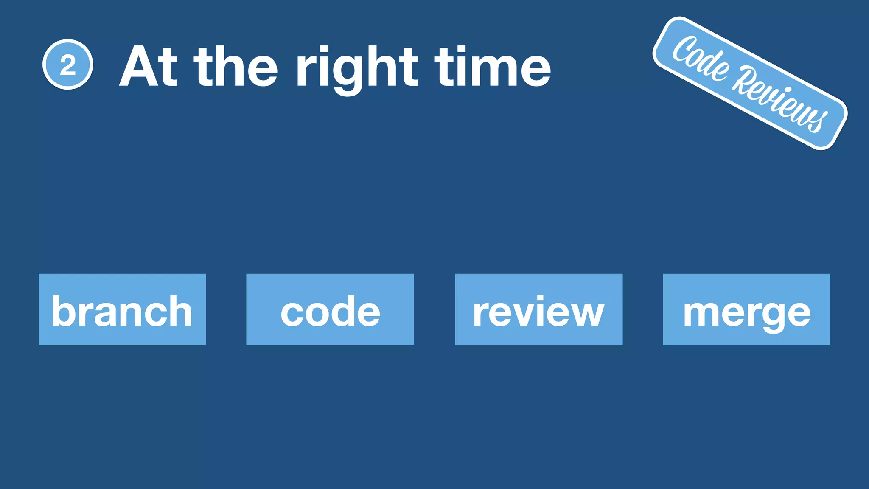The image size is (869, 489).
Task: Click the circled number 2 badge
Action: (x=67, y=65)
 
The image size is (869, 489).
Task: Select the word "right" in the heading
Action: (x=357, y=69)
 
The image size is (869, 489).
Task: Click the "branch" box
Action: (x=122, y=309)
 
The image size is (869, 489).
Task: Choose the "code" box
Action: (x=330, y=309)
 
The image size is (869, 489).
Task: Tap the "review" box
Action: (x=538, y=309)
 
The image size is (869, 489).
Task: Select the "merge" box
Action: (x=746, y=309)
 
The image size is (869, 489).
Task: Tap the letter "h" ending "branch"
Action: (x=181, y=311)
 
